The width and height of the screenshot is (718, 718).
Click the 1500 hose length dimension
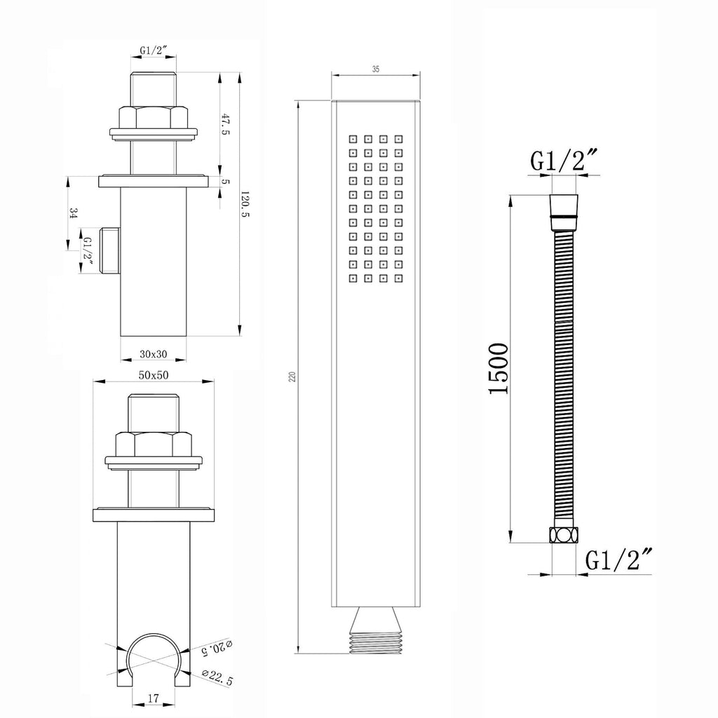(x=499, y=368)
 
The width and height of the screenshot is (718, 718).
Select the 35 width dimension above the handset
(x=376, y=69)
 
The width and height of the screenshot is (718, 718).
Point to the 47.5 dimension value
(x=225, y=125)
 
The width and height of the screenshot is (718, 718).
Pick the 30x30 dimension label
(x=154, y=354)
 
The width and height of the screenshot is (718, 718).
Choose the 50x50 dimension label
(x=154, y=376)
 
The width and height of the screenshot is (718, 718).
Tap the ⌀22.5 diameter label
(x=217, y=677)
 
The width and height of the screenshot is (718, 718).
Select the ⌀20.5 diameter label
(x=217, y=647)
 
